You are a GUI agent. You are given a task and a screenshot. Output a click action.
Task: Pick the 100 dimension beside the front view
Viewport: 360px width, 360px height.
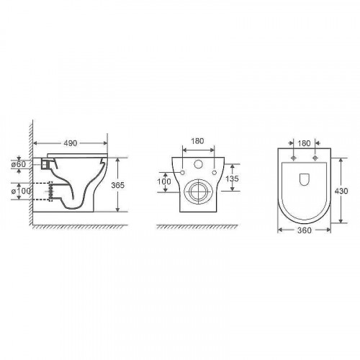[x=163, y=181]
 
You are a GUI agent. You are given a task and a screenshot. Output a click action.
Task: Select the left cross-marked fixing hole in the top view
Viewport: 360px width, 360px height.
[x=295, y=157]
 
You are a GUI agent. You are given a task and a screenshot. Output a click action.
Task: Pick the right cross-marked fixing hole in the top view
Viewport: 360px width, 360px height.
[x=314, y=157]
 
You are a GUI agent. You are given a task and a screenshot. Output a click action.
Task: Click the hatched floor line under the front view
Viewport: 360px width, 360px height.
[x=195, y=225]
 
